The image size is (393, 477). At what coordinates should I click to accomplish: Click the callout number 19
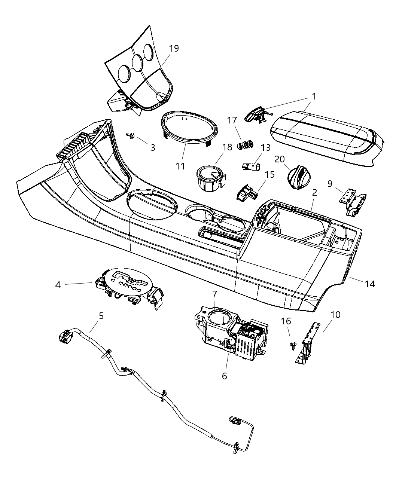(x=174, y=49)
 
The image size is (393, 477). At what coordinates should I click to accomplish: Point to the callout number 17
(x=232, y=120)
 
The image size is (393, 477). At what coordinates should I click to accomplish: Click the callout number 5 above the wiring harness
(x=101, y=316)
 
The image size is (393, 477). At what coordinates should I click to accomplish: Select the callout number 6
(x=224, y=376)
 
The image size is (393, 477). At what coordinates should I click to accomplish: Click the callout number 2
(x=314, y=192)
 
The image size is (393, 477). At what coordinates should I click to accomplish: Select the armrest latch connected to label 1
(x=256, y=113)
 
